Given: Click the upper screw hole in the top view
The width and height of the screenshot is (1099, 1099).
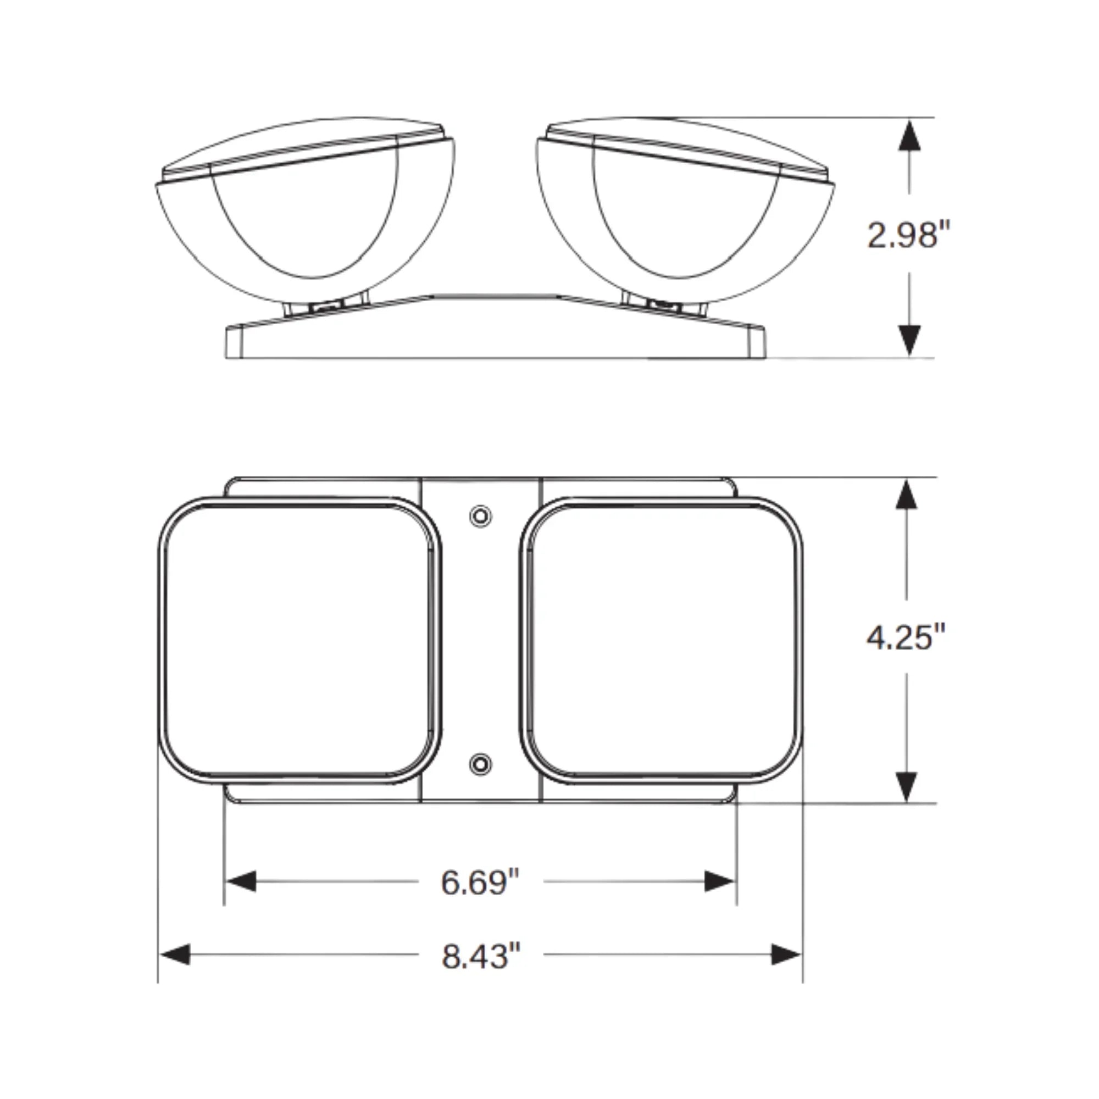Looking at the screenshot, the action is click(x=481, y=516).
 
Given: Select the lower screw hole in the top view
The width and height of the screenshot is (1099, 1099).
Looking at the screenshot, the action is click(x=481, y=763).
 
